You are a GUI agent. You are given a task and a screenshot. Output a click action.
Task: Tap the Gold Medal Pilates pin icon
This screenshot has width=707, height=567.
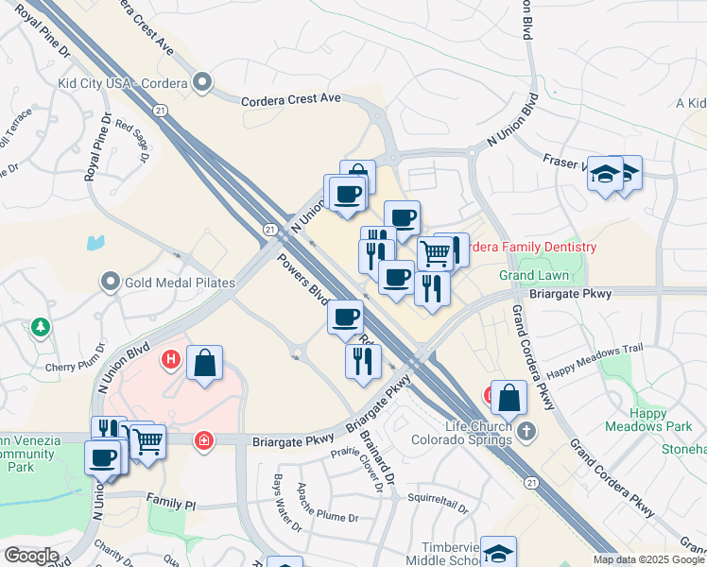point(111,282)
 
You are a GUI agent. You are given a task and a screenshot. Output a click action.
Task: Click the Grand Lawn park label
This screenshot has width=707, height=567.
point(534,275)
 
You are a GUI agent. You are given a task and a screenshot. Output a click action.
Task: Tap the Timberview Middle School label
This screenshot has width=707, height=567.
point(454,550)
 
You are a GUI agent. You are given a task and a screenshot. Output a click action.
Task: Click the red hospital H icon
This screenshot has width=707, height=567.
point(171,359)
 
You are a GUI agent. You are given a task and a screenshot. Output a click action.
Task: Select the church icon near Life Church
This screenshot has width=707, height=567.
point(527,432)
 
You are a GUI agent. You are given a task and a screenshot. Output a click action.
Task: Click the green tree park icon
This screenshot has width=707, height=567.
point(40,327)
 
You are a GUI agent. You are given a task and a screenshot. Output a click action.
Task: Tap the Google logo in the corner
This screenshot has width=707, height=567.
point(31,556)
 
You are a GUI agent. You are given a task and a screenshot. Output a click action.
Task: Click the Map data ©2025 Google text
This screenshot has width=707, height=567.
point(648,559)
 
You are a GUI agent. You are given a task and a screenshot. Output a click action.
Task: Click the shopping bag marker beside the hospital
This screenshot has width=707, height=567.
point(204,364)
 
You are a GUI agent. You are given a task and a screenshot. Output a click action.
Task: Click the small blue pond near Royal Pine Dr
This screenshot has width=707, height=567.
point(96,242)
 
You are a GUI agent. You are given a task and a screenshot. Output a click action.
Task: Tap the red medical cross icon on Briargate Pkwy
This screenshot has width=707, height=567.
point(203,440)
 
